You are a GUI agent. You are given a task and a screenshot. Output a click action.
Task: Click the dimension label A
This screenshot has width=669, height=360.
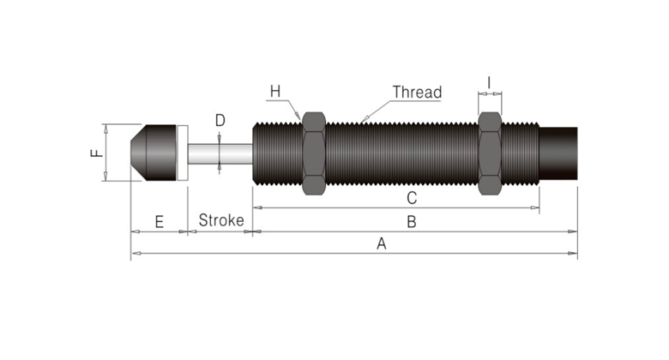click(x=382, y=243)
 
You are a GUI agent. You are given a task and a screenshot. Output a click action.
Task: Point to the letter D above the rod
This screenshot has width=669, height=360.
click(x=220, y=121)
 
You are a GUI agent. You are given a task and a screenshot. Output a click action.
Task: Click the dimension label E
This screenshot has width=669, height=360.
click(x=159, y=221)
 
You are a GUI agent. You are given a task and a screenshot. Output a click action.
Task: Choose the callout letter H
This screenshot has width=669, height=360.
click(x=274, y=90)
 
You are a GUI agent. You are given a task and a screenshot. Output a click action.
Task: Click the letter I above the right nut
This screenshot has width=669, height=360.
click(x=489, y=83)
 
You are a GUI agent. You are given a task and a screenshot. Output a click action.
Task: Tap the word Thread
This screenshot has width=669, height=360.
click(x=417, y=92)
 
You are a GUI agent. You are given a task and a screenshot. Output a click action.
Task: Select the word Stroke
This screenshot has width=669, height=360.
click(x=221, y=220)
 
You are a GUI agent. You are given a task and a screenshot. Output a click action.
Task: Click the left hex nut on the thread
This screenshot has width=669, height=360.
click(x=312, y=153)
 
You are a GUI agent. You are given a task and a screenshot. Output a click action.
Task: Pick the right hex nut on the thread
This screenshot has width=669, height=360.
click(x=489, y=153)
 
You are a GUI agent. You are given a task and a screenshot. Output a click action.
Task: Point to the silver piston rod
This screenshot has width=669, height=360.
click(x=220, y=153)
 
